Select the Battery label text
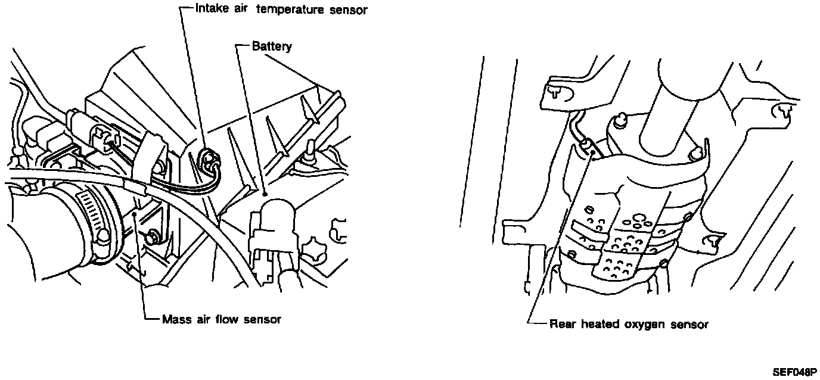tap(272, 46)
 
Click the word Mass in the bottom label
tap(174, 319)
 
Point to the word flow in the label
tap(224, 319)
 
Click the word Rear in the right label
tap(561, 325)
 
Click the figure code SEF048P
tap(794, 372)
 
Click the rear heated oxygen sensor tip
tap(586, 145)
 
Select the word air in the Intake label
tap(242, 10)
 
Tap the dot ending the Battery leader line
tap(263, 194)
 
